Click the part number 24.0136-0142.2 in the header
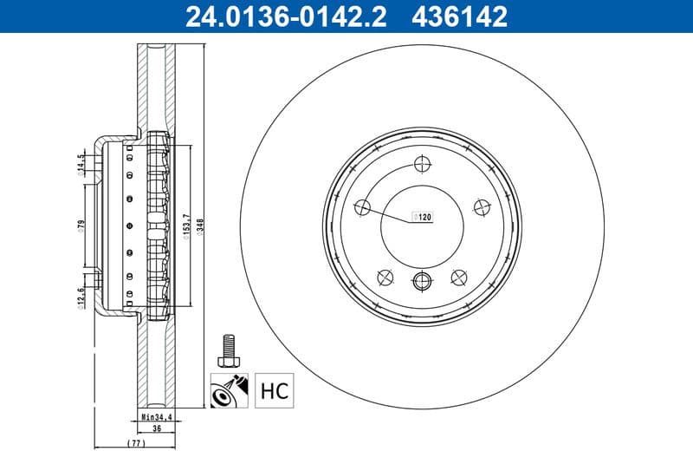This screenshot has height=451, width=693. pos(275,15)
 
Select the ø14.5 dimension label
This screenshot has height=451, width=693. pos(80,164)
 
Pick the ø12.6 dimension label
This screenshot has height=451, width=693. pos(80,297)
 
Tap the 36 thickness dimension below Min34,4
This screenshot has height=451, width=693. pos(157,428)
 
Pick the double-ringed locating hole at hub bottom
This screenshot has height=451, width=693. pos(422,280)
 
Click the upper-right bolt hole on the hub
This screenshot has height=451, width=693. pos(483,206)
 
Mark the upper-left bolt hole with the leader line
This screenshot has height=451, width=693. pos(363,206)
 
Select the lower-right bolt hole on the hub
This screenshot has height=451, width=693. pos(459,277)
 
